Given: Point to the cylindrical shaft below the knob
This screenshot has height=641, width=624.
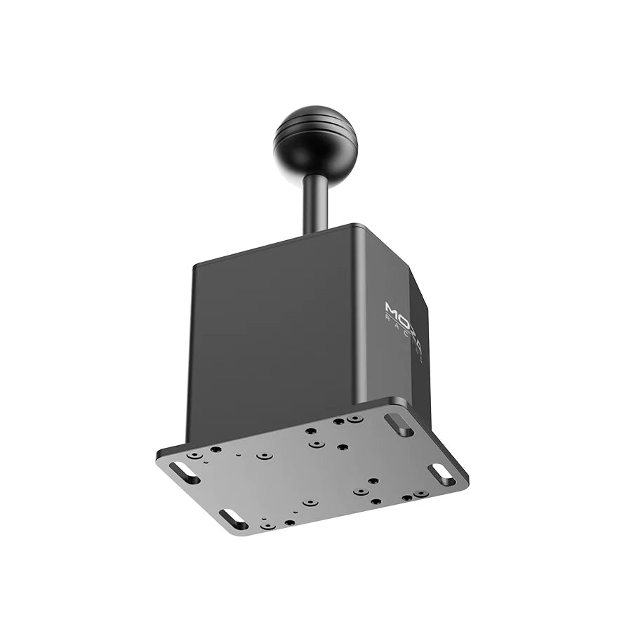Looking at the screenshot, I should pos(315,204).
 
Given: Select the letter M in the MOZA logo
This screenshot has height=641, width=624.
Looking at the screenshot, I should pos(390,309).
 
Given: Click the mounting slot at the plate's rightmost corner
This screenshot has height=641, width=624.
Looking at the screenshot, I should pos(442,473).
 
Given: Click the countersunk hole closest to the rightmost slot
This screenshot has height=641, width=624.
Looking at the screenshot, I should pos(420,494).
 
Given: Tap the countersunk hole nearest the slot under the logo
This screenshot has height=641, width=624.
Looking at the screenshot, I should pos(355,418).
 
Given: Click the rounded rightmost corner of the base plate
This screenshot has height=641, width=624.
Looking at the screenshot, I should pos(465,484).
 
